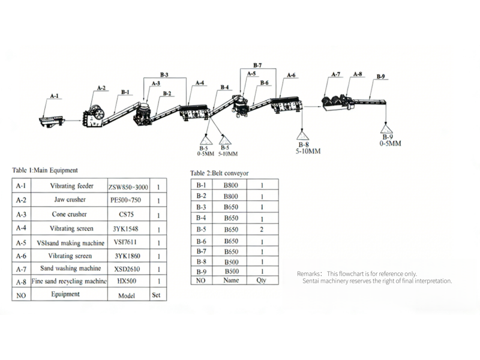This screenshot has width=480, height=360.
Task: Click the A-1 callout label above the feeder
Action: click(x=55, y=96)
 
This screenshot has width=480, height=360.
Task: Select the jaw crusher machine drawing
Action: click(x=93, y=113)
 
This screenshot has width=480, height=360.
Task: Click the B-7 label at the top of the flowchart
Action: click(x=257, y=64)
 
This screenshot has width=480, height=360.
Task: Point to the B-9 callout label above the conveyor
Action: click(x=380, y=76)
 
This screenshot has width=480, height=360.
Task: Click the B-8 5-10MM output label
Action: click(x=307, y=148)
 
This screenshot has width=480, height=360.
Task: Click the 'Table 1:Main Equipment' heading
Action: click(x=45, y=170)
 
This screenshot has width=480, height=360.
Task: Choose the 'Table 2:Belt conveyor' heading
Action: click(x=219, y=173)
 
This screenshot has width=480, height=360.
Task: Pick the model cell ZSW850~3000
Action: click(x=128, y=187)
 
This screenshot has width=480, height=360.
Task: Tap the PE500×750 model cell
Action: click(x=128, y=200)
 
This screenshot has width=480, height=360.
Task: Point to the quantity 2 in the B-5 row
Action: click(x=262, y=229)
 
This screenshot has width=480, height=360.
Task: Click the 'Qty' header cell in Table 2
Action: click(x=262, y=280)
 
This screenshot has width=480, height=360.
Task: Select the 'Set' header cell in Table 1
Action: click(x=157, y=295)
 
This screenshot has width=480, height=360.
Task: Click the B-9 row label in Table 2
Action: click(x=202, y=271)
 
